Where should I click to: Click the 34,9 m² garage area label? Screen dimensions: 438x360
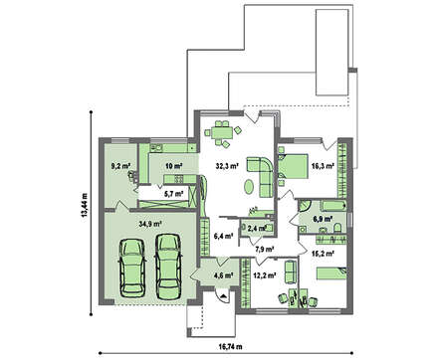click(150, 224)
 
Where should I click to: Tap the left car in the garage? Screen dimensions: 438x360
click(132, 269)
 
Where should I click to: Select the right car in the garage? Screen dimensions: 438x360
click(168, 267)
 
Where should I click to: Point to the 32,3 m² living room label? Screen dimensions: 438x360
click(227, 166)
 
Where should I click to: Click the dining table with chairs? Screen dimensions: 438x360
click(221, 133)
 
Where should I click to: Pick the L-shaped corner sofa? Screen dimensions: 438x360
click(262, 176)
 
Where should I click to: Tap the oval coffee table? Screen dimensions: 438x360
click(250, 187)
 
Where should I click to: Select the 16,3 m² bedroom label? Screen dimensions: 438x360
click(322, 166)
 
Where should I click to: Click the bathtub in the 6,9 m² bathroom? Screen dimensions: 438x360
click(333, 206)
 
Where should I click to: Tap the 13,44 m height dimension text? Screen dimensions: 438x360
click(84, 205)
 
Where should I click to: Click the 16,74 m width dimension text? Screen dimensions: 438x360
click(230, 347)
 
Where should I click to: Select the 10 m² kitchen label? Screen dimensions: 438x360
click(174, 166)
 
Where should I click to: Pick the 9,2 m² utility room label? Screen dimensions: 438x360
click(120, 166)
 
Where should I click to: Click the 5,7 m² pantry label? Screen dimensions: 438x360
click(174, 193)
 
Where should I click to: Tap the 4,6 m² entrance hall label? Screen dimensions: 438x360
click(224, 274)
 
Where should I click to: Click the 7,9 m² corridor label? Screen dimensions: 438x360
click(264, 249)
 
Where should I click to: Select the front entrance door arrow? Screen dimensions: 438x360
click(223, 296)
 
